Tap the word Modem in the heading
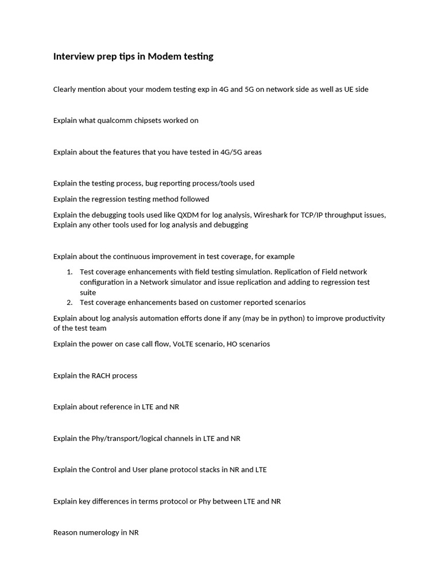(162, 56)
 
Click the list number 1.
(69, 272)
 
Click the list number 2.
(69, 302)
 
